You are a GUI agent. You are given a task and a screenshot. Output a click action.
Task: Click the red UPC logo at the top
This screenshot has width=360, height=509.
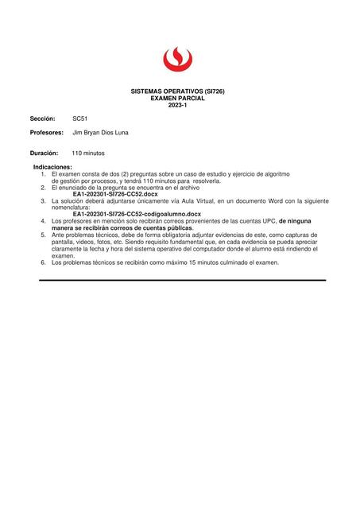point(177,58)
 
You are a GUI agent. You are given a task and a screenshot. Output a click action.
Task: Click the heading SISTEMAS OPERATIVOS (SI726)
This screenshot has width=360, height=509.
point(177,91)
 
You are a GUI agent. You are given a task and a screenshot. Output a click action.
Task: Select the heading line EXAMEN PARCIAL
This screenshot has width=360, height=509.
point(177,98)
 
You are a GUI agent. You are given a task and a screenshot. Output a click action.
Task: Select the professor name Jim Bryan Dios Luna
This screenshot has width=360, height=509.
point(100,133)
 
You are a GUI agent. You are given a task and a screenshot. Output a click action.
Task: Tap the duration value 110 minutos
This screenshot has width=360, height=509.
point(87,153)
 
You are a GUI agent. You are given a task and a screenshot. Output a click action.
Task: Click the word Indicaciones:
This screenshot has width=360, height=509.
point(52,167)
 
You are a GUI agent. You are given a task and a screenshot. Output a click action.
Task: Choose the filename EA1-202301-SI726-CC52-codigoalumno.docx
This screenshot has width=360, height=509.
point(136,214)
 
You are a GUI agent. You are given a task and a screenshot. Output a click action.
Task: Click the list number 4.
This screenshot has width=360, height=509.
point(44,220)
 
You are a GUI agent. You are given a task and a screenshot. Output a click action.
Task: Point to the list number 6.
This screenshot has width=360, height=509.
point(44,262)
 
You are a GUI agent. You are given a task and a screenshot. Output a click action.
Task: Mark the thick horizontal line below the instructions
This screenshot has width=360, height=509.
point(183,280)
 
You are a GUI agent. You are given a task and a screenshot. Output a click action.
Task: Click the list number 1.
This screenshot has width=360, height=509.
point(44,173)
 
